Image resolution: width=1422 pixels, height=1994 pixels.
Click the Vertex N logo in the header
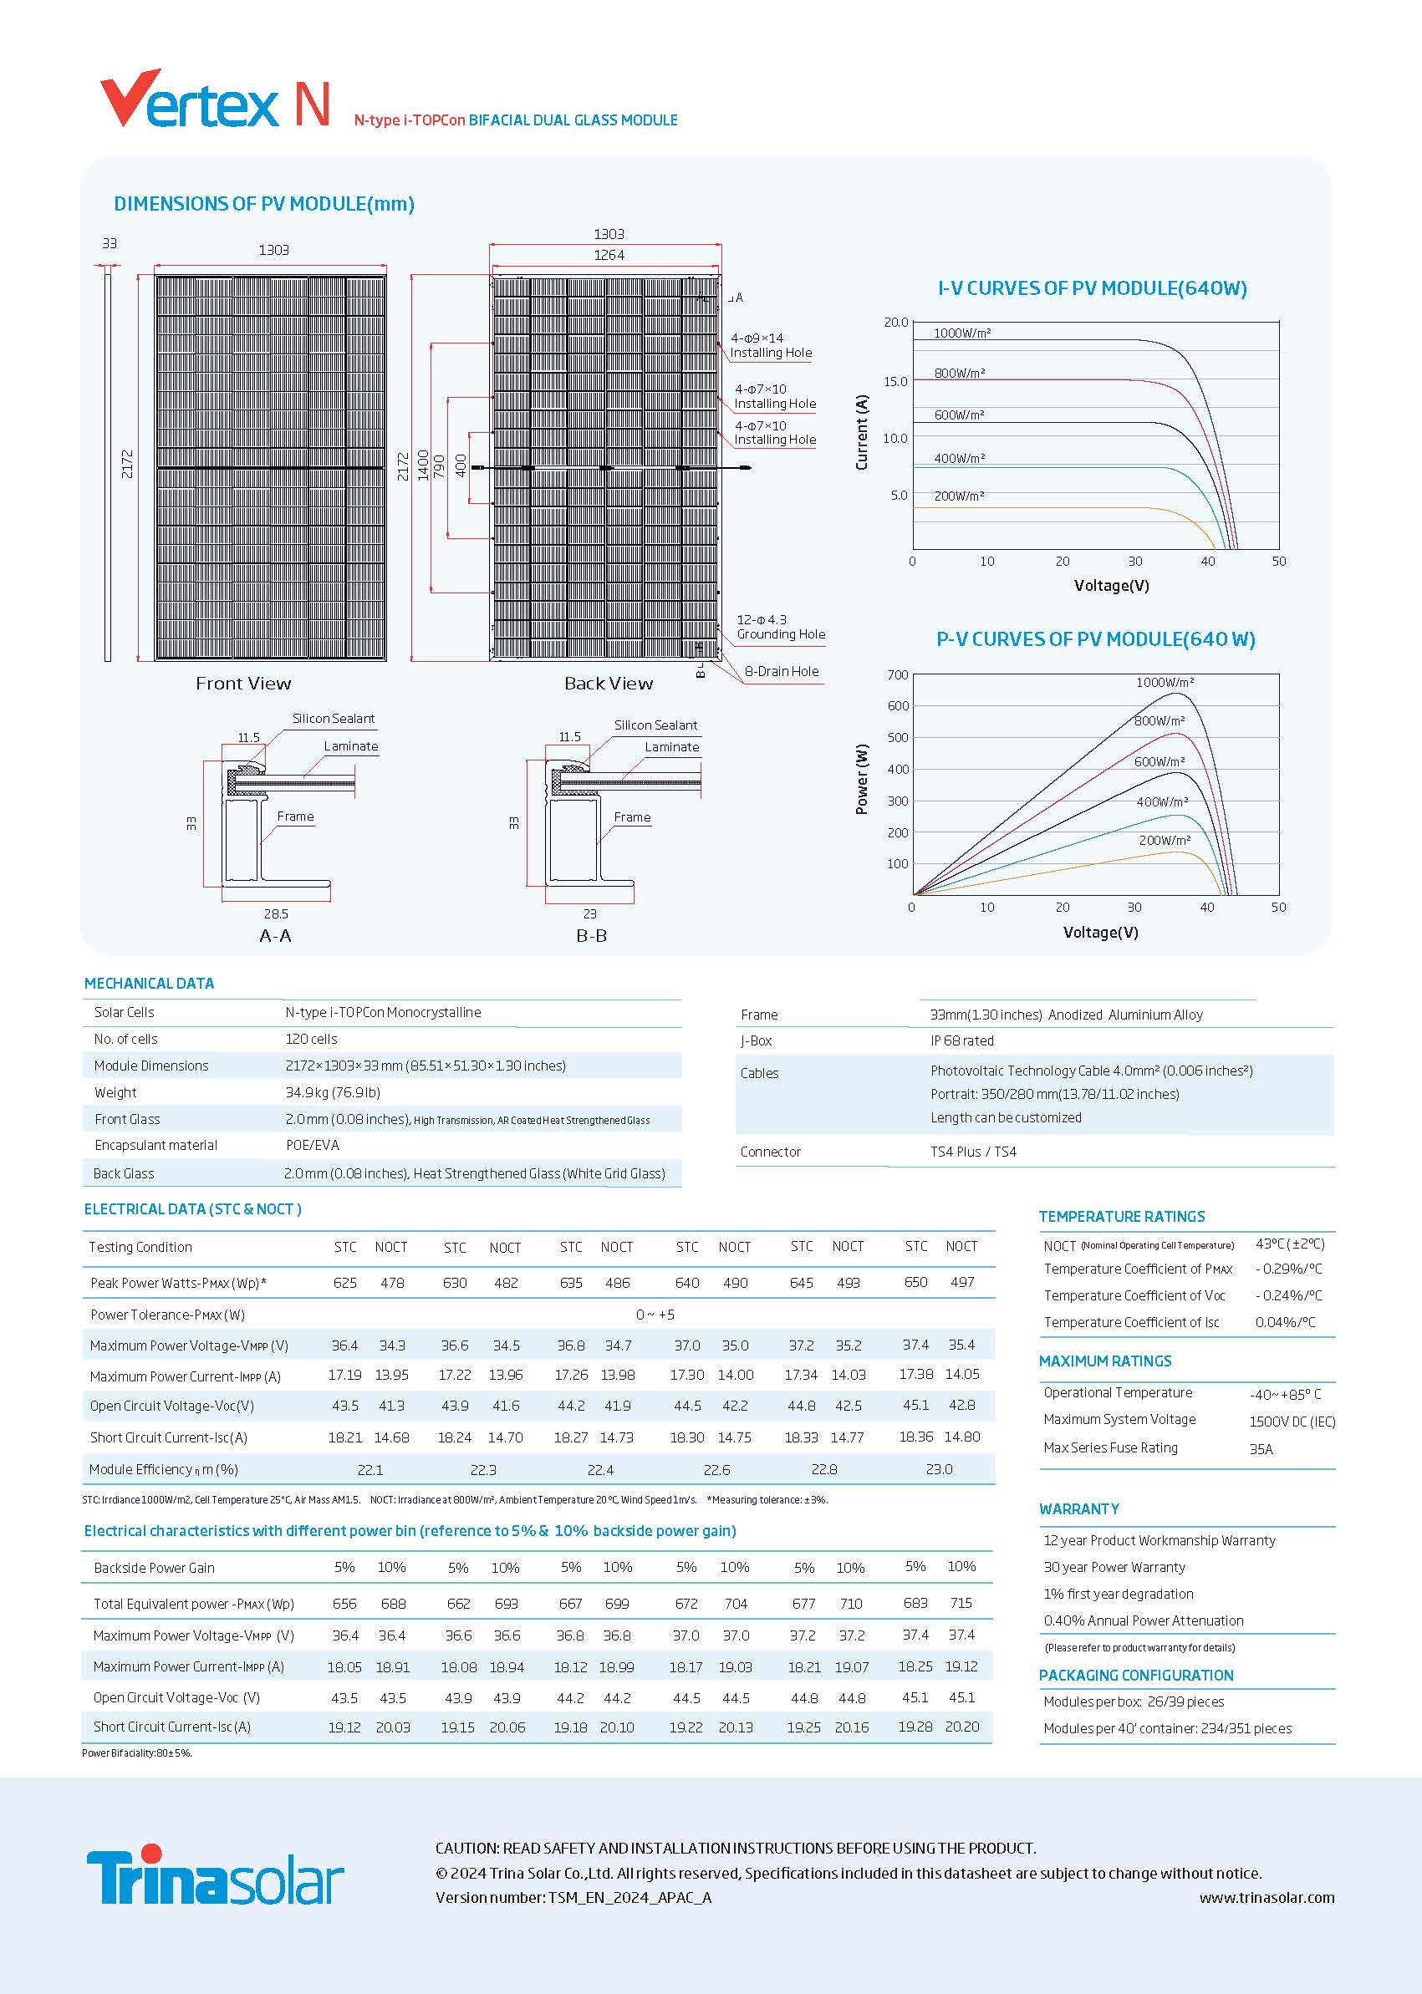[x=215, y=100]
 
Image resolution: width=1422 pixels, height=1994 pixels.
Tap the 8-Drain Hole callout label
[x=781, y=671]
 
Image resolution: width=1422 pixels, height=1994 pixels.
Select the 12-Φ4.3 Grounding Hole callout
[x=780, y=627]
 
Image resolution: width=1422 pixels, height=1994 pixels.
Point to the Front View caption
[x=242, y=684]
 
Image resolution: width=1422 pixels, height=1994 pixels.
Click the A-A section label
[x=275, y=936]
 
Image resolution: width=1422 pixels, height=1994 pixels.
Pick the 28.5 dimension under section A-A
[x=276, y=913]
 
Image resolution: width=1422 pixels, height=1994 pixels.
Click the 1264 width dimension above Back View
[x=609, y=256]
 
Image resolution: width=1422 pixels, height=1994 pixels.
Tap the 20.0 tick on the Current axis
[x=896, y=322]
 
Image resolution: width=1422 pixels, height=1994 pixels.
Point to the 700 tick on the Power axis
[x=898, y=675]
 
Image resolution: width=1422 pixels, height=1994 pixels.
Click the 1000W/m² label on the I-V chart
[x=961, y=333]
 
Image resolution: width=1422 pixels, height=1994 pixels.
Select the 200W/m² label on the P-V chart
[x=1164, y=841]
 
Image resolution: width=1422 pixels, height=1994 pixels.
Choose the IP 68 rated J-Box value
[x=961, y=1040]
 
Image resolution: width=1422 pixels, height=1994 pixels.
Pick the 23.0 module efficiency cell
[x=939, y=1469]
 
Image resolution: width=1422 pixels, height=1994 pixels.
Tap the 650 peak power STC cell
[x=915, y=1282]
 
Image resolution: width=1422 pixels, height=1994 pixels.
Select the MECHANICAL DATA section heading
[x=149, y=984]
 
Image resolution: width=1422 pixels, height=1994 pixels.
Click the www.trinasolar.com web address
[x=1267, y=1898]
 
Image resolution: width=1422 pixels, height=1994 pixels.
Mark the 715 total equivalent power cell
[x=961, y=1603]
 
